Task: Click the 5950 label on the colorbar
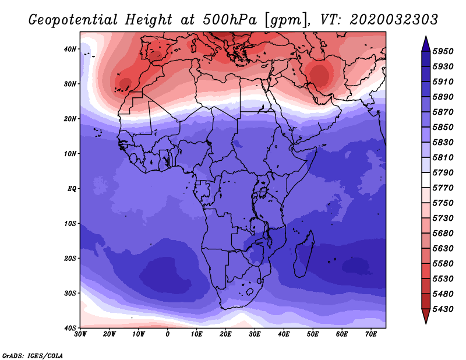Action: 443,51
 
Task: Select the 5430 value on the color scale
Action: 443,309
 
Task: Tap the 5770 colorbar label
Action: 443,188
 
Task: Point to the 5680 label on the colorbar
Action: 443,234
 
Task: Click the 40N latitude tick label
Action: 70,49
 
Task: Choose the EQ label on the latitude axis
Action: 72,189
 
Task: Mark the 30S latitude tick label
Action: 70,294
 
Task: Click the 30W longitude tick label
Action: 80,334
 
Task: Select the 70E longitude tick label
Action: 370,334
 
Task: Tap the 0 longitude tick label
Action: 168,334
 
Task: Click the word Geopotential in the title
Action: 73,20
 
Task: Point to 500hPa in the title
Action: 230,20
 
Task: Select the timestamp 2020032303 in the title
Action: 394,20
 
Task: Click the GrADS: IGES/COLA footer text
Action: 33,356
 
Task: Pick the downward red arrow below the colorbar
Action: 426,316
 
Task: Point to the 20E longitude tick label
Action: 225,334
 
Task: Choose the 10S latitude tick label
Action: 70,224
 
